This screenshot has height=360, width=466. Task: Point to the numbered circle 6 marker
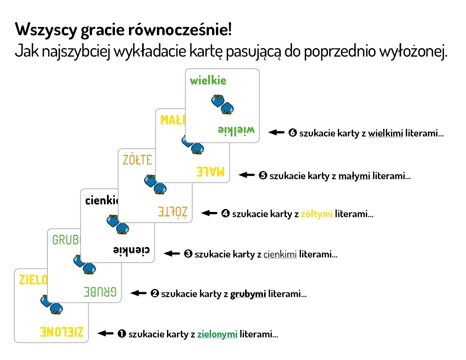click(x=293, y=133)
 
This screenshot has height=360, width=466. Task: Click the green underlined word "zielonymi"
click(x=217, y=334)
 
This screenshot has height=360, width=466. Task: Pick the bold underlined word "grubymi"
click(x=248, y=294)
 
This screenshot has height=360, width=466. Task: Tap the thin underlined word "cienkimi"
click(x=280, y=254)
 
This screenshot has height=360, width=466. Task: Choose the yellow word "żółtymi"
click(x=317, y=214)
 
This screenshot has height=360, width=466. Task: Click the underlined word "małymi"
click(x=354, y=176)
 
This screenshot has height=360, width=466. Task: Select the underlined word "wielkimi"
click(x=386, y=134)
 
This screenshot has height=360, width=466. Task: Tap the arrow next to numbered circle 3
click(x=172, y=254)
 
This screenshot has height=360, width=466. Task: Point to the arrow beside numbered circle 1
click(x=106, y=333)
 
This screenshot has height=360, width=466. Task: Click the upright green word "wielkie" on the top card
click(x=208, y=81)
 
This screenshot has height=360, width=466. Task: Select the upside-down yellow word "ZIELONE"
click(x=62, y=332)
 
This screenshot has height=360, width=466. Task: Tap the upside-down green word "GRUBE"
click(x=100, y=292)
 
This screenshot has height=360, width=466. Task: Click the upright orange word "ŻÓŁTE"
click(x=137, y=159)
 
